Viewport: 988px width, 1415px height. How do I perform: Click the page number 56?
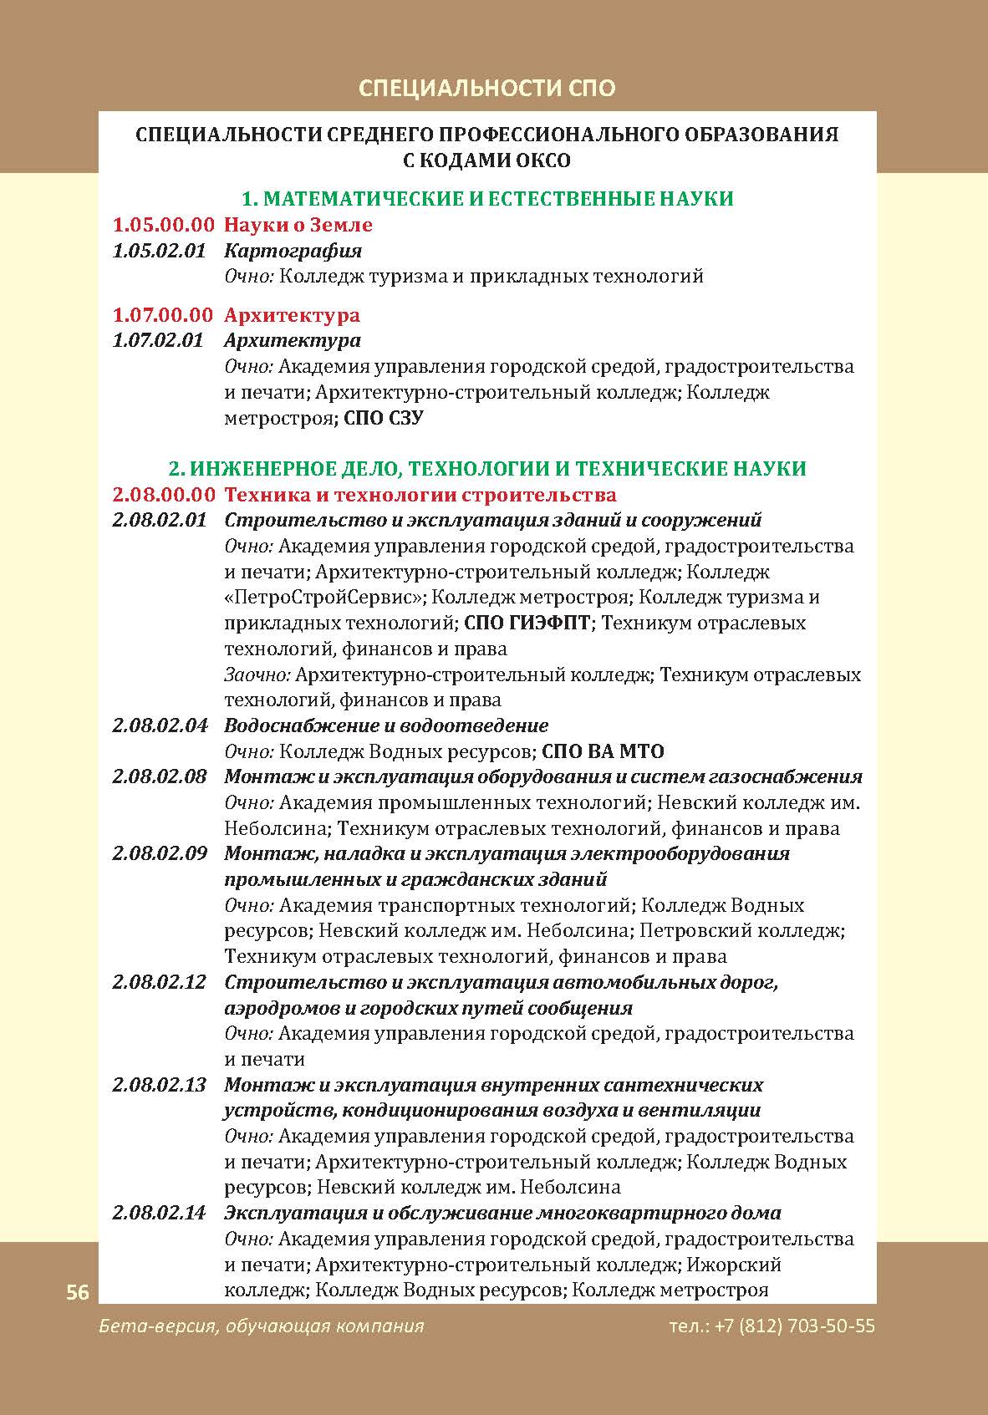click(x=78, y=1292)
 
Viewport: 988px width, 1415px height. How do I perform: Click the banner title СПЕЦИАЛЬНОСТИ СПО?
click(x=486, y=88)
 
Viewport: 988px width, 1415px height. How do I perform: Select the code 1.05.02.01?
click(x=159, y=251)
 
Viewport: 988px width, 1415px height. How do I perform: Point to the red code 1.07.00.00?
click(x=163, y=315)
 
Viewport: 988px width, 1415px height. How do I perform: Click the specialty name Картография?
click(x=293, y=251)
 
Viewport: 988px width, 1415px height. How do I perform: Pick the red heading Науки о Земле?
click(x=298, y=225)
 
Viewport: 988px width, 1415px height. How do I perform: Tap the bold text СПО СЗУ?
click(x=384, y=418)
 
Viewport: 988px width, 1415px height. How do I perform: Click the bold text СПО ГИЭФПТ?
click(x=527, y=624)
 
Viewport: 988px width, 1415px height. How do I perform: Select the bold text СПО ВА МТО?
click(x=603, y=751)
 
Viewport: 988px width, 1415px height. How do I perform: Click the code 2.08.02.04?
click(x=160, y=725)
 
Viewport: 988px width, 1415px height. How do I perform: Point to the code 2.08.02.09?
click(x=160, y=854)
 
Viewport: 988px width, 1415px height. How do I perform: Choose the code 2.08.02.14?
click(x=159, y=1214)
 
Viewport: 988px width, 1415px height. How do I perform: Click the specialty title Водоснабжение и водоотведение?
click(x=386, y=725)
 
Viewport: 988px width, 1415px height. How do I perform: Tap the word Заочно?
click(x=257, y=674)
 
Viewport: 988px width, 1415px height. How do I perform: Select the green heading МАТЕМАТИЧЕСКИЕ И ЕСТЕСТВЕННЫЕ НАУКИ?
click(x=486, y=199)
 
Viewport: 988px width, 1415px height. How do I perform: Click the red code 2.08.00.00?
click(x=164, y=495)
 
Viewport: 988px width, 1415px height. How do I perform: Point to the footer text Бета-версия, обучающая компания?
click(x=261, y=1326)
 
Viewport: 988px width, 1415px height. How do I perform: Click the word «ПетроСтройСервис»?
click(x=323, y=598)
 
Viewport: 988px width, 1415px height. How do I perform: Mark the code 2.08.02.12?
click(x=159, y=982)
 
